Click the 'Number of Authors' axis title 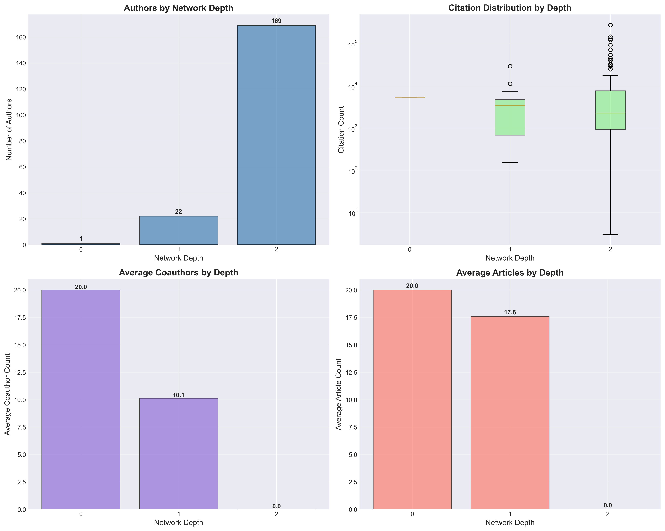(x=9, y=130)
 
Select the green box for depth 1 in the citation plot (x=510, y=117)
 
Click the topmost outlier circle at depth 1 (x=510, y=66)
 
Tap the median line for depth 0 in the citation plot (x=410, y=97)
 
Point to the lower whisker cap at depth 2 (x=610, y=234)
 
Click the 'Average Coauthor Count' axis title (x=7, y=394)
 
